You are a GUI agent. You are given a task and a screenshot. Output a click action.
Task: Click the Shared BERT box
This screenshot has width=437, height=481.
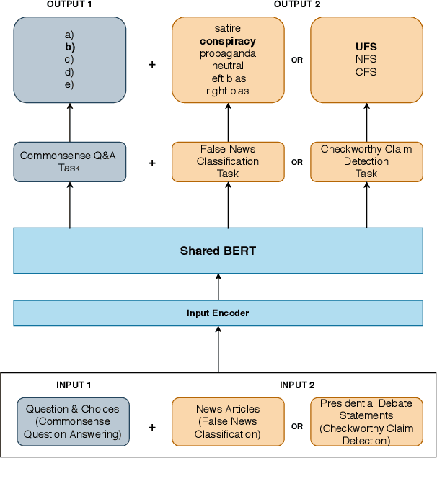tap(218, 251)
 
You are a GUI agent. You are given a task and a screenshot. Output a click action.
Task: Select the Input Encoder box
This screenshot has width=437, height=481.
tap(218, 313)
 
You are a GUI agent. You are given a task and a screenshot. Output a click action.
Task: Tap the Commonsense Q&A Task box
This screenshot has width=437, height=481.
tap(70, 162)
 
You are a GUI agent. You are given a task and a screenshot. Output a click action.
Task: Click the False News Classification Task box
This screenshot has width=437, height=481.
tap(228, 162)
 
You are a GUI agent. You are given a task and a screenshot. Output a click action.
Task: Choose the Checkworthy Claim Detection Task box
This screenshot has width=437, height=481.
tap(366, 162)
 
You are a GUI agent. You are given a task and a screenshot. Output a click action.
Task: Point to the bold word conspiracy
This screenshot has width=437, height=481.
tap(228, 41)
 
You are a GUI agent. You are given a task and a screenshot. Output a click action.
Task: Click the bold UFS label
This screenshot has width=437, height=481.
tap(366, 47)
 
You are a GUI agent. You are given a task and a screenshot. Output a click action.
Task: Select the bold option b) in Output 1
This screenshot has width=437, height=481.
tap(70, 47)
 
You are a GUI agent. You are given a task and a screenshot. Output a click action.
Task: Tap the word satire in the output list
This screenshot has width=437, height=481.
tap(228, 28)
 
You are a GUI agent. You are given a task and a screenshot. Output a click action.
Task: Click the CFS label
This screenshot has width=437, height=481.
tap(366, 72)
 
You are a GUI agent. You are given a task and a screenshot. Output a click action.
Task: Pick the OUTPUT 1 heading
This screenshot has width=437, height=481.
tap(69, 5)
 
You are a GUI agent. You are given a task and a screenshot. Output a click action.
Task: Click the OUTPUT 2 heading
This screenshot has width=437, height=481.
tap(297, 5)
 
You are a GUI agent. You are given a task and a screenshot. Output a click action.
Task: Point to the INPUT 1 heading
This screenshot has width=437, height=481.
tap(74, 385)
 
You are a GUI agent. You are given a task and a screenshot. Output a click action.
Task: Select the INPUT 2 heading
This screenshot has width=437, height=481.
tap(297, 385)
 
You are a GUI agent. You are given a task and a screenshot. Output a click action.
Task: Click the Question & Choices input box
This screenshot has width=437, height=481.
tap(74, 421)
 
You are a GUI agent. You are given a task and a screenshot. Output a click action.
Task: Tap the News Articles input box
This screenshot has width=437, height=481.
tap(228, 421)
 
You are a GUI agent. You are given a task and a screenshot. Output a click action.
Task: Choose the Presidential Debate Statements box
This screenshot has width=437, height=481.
tap(366, 421)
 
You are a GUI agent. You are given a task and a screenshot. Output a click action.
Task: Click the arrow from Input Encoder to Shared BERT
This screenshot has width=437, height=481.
tap(218, 287)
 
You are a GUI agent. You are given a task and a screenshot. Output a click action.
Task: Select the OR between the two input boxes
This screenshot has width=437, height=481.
tap(297, 426)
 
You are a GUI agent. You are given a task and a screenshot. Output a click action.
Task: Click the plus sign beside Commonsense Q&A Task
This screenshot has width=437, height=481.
tap(152, 163)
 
